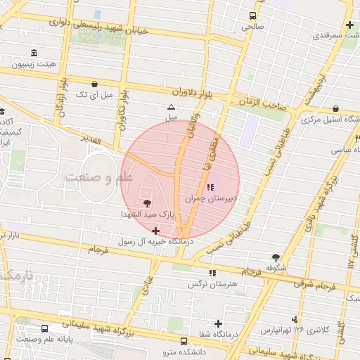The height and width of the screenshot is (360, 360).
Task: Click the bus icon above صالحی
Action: tap(252, 15)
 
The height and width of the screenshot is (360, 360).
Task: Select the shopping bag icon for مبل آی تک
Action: tap(94, 84)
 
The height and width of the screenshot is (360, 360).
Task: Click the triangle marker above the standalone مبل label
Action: tap(170, 108)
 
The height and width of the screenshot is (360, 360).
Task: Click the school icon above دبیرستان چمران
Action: tap(210, 187)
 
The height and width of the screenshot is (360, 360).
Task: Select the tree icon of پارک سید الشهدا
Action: tap(146, 202)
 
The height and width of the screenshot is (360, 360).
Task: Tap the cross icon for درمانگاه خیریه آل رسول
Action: tap(155, 230)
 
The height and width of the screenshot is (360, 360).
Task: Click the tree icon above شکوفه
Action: tap(276, 257)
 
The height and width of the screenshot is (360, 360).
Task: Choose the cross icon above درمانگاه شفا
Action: tap(219, 323)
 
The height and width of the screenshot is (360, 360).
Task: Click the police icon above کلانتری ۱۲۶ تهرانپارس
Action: tap(303, 319)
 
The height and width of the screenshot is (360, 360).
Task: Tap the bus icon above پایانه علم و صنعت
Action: tap(46, 328)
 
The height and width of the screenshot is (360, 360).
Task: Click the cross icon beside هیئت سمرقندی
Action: tap(349, 25)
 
